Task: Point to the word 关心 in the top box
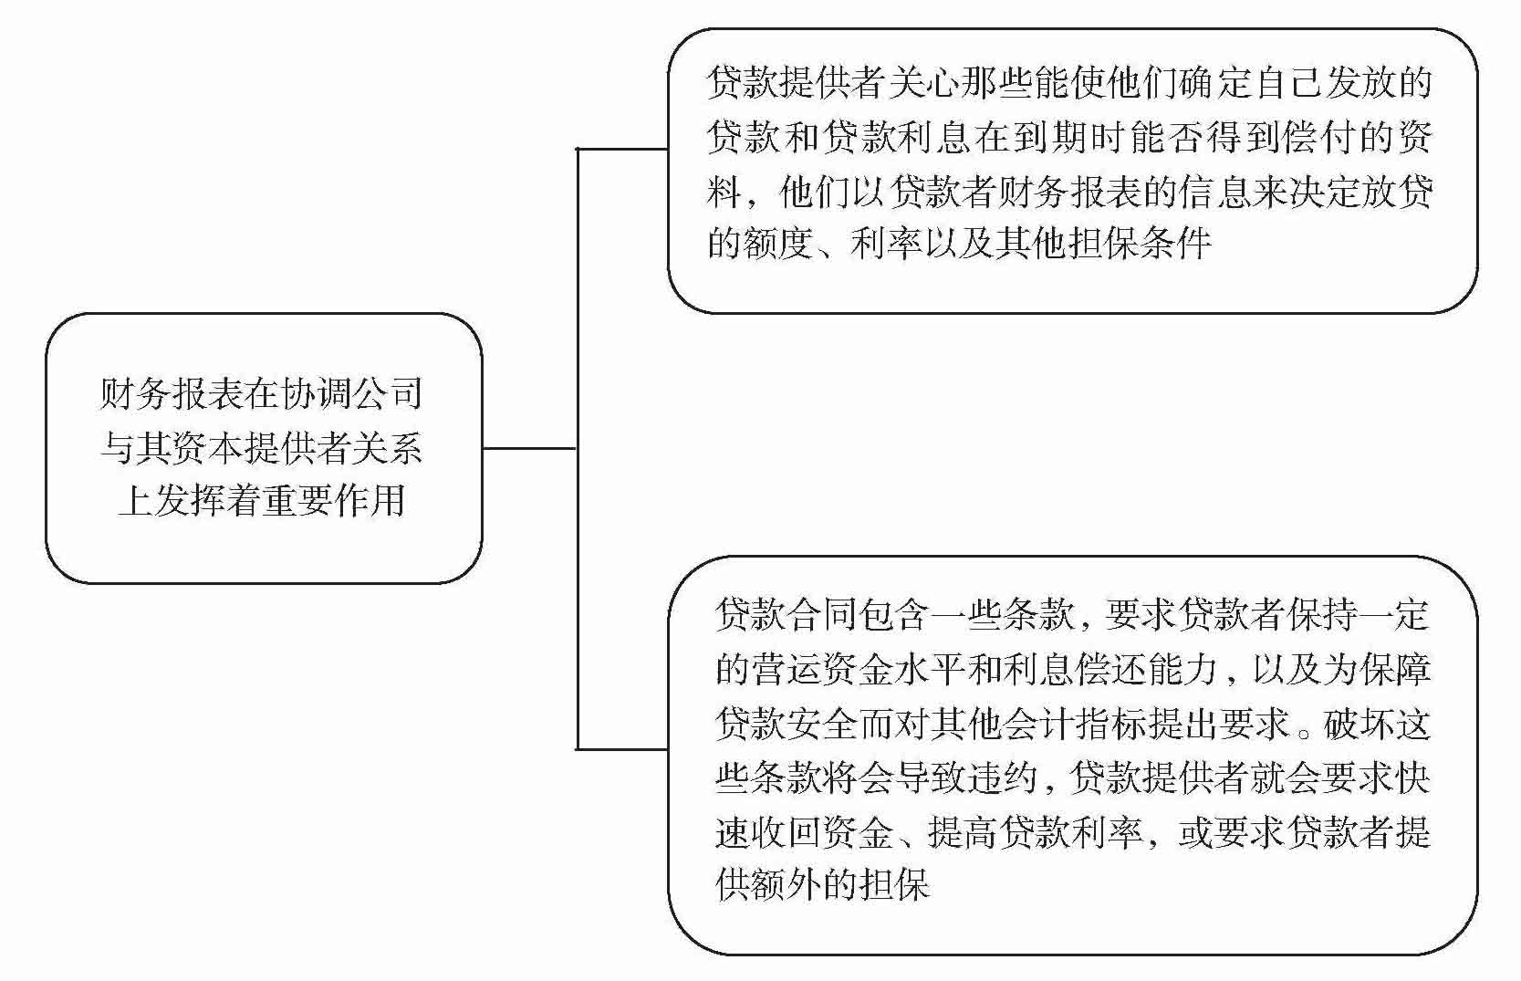click(923, 83)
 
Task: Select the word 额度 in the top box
click(778, 245)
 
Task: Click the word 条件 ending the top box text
click(1177, 245)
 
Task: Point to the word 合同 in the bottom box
click(823, 615)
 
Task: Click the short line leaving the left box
click(529, 448)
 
